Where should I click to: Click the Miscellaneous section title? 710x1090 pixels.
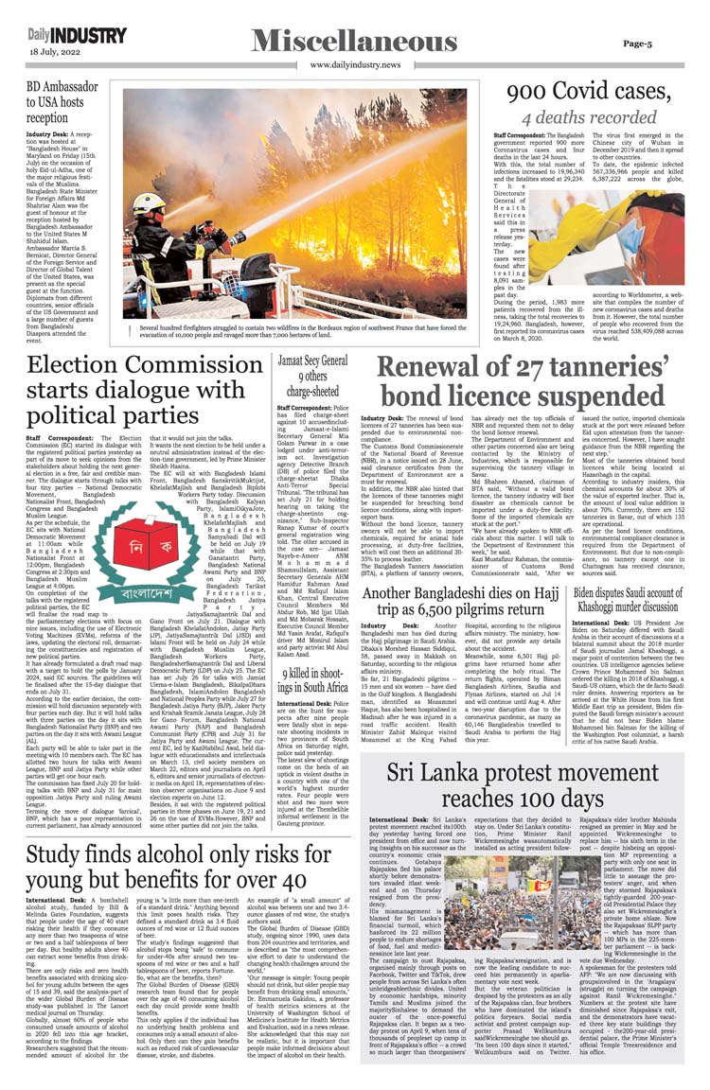pos(354,41)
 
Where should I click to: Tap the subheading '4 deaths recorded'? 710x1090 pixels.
pos(589,117)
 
